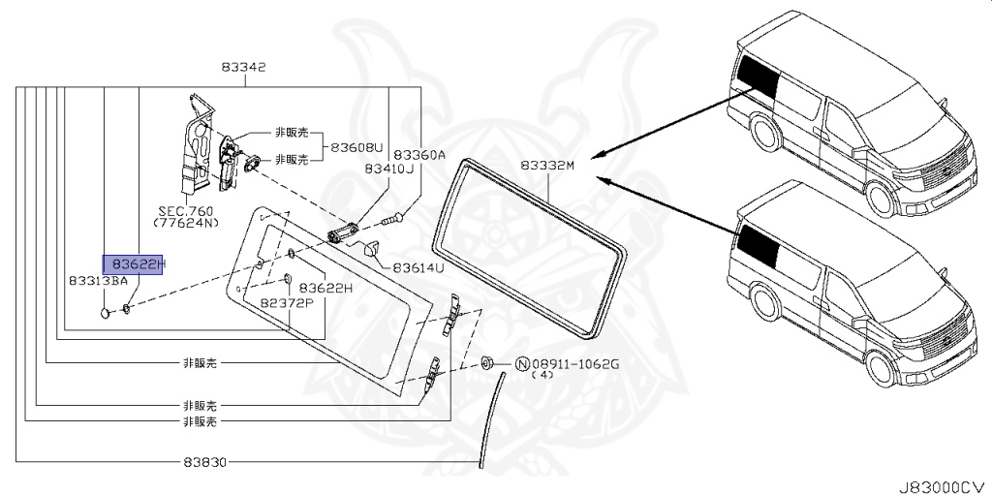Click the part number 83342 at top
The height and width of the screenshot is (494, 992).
point(243,67)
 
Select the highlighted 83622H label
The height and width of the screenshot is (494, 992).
point(133,264)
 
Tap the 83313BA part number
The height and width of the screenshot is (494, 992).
point(99,280)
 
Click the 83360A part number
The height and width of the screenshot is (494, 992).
point(420,154)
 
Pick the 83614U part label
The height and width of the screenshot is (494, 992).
point(418,267)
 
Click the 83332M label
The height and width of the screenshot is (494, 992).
point(548,166)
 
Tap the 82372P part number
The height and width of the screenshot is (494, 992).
point(287,303)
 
